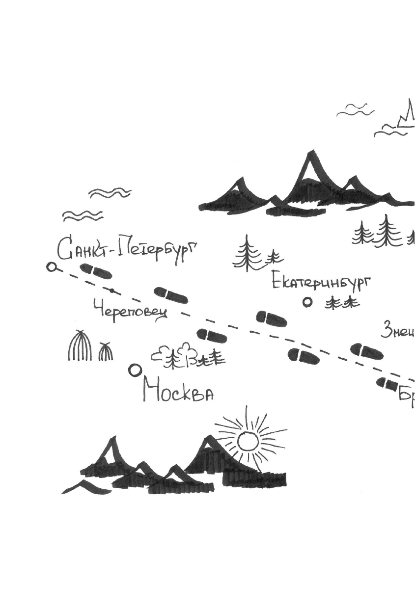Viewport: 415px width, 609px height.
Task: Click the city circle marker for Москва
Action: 135,370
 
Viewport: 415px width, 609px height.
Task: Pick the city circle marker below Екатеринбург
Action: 307,302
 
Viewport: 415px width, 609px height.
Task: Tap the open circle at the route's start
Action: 52,267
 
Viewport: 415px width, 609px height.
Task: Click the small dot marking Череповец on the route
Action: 112,291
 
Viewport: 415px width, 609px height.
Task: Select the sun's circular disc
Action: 248,441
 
